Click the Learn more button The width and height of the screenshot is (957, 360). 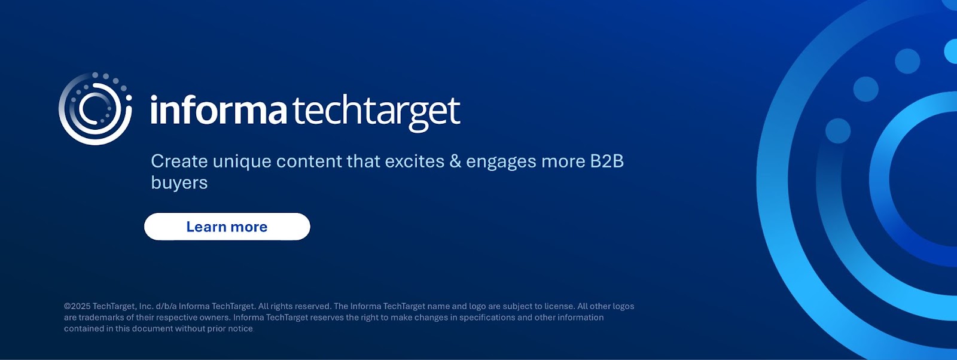[227, 226]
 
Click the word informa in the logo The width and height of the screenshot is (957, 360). [218, 110]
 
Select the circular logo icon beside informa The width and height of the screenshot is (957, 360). [95, 108]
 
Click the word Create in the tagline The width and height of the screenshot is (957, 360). [179, 161]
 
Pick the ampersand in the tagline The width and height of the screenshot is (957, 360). [455, 161]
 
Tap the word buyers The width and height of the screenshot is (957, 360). [179, 184]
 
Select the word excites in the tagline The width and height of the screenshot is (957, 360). [415, 161]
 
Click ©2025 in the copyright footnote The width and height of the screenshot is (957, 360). [77, 306]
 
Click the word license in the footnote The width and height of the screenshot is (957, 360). [560, 306]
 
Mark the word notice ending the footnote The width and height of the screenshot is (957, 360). [240, 328]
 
